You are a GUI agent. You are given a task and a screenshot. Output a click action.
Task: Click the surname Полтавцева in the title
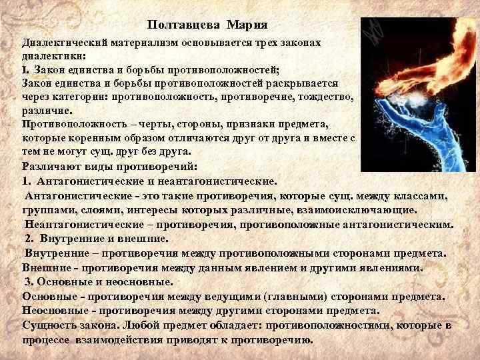click(x=185, y=25)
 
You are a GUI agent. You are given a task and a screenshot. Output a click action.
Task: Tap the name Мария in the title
click(x=247, y=25)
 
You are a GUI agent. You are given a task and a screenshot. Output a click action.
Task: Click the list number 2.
click(x=29, y=238)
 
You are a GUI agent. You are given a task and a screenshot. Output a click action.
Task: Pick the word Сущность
click(x=49, y=325)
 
